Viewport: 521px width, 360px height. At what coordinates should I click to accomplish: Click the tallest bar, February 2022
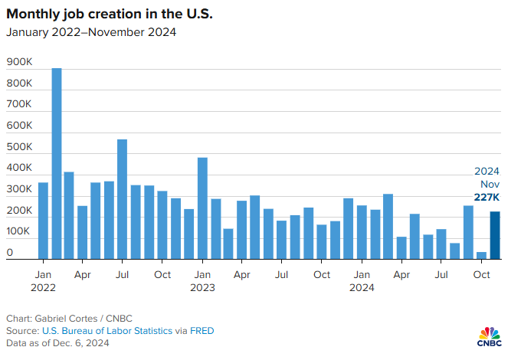(x=57, y=164)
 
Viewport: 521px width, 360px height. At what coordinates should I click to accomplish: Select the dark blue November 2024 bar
(x=495, y=235)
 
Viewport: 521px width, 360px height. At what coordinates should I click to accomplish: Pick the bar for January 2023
(x=202, y=208)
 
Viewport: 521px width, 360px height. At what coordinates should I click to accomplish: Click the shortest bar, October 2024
(x=481, y=256)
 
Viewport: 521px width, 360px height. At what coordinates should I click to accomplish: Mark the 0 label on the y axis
(x=10, y=252)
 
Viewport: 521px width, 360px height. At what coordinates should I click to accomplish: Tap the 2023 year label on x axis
(x=202, y=288)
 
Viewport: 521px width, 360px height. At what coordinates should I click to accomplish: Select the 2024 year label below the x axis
(x=362, y=288)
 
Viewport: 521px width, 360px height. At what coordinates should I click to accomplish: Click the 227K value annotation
(x=487, y=197)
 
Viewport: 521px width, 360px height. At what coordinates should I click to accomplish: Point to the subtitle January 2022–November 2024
(x=92, y=32)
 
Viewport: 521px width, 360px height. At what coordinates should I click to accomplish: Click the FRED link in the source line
(x=203, y=331)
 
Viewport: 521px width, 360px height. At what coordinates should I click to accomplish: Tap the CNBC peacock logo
(x=490, y=335)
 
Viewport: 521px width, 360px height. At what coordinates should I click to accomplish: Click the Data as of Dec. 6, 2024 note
(x=57, y=343)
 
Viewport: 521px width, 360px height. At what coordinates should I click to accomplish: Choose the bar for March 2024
(x=388, y=227)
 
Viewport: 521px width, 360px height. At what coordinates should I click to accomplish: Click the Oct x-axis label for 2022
(x=162, y=273)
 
